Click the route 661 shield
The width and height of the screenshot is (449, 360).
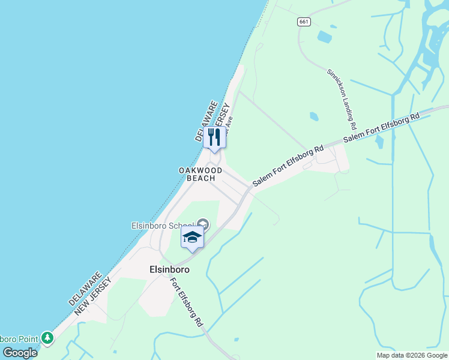click(x=304, y=22)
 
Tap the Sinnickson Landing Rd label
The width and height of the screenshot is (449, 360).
click(x=342, y=99)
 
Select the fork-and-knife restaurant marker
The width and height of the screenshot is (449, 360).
click(x=214, y=137)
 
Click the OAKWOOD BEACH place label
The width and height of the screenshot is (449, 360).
click(x=200, y=174)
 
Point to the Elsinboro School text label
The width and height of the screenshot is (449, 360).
click(x=163, y=226)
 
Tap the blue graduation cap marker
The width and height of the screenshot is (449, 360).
click(x=192, y=238)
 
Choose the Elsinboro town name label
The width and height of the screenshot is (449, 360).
click(x=169, y=270)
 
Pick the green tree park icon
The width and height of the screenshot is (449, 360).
click(x=47, y=339)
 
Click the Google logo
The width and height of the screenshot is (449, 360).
click(x=20, y=353)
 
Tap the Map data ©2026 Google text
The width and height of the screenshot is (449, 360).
click(x=411, y=355)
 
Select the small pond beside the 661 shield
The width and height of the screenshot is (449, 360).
click(x=324, y=37)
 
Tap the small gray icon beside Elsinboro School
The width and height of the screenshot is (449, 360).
click(x=203, y=225)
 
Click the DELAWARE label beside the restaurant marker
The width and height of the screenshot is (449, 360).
click(x=205, y=121)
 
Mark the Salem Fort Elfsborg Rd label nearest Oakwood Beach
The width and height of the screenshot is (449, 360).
click(x=288, y=165)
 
